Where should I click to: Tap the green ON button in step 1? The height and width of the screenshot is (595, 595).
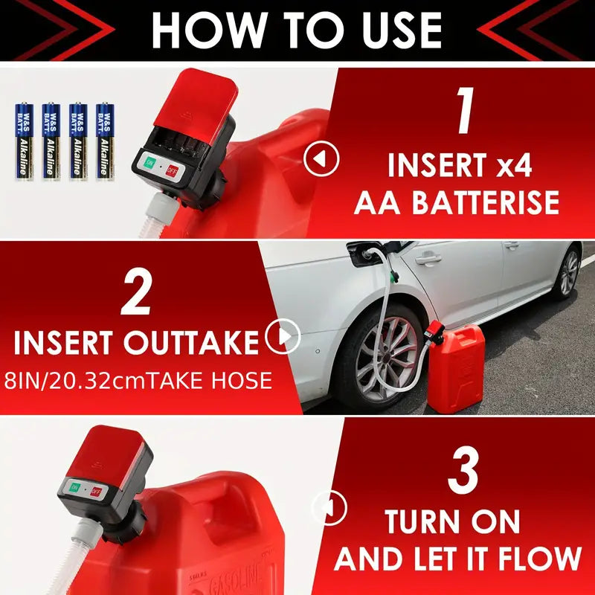pos(149,164)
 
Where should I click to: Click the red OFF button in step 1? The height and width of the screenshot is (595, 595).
pos(173,169)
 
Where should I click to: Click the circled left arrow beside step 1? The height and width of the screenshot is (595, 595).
pos(321,158)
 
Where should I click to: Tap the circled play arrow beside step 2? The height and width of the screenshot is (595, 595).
pos(283,338)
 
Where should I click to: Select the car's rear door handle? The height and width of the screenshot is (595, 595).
pos(428,259)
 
